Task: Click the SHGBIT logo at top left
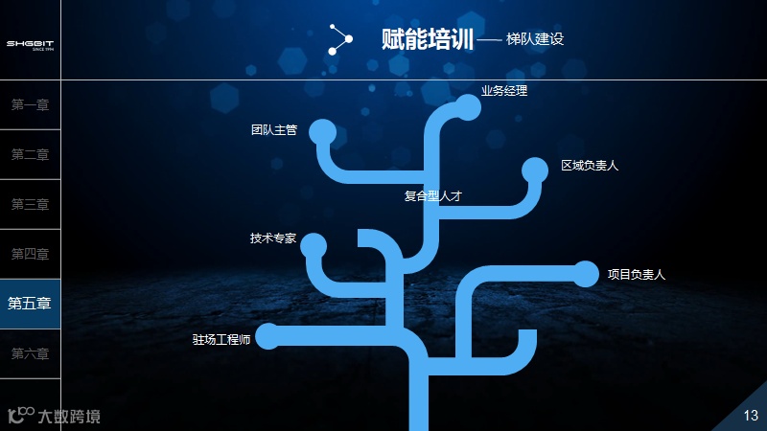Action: tap(30, 44)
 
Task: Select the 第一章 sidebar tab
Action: tap(30, 105)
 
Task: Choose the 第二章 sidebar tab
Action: tap(30, 155)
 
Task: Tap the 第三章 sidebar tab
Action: tap(30, 204)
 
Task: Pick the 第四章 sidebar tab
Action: tap(30, 254)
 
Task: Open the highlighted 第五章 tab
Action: tap(30, 304)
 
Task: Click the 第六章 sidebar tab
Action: tap(30, 353)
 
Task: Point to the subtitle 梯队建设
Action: tap(535, 40)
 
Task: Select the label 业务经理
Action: tap(504, 91)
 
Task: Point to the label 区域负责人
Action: tap(590, 165)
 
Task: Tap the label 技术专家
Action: tap(273, 238)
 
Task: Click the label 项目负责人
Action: tap(636, 274)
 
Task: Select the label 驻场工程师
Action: tap(221, 339)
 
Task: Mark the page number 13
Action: tap(751, 414)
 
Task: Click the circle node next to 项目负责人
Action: tap(585, 274)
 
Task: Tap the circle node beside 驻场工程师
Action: tap(267, 336)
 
